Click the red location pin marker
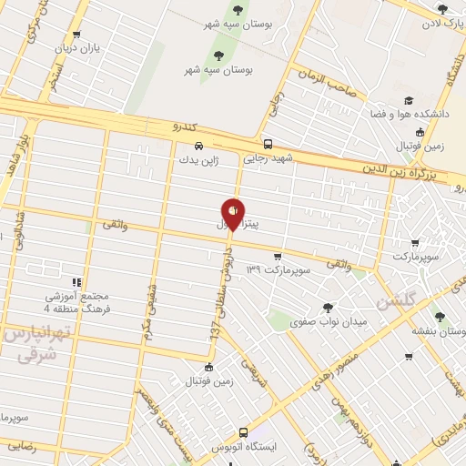(x=234, y=212)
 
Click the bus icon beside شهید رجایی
(x=267, y=144)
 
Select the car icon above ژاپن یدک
(x=198, y=146)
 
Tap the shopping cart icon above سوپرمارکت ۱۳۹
(x=277, y=257)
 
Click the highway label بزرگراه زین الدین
(x=413, y=168)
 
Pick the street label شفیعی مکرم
(x=147, y=310)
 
